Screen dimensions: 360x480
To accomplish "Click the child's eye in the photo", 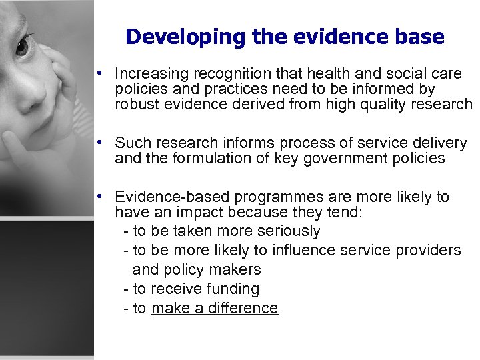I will coord(23,46).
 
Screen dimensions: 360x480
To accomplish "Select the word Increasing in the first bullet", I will coord(146,72).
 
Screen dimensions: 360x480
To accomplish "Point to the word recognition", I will coord(219,72).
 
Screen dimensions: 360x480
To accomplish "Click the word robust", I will coord(135,104).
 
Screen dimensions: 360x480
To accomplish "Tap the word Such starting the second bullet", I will coord(130,143).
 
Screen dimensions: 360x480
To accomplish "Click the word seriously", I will coord(287,231).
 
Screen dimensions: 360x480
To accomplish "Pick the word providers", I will coord(429,250).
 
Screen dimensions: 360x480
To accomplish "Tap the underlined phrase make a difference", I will coord(214,308).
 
